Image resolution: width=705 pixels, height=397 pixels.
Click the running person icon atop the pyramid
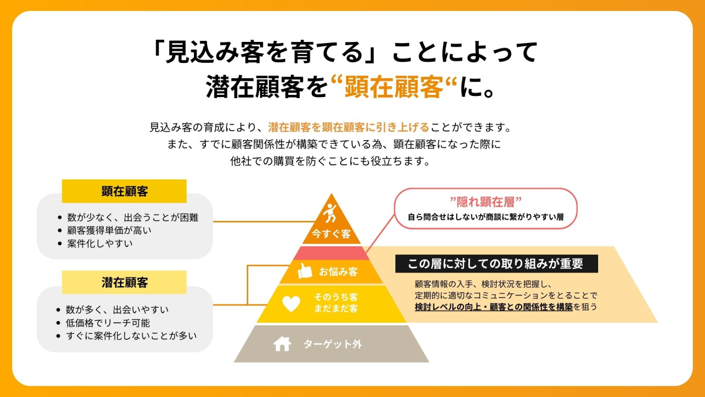(330, 213)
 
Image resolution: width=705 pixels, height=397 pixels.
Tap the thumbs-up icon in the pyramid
(305, 271)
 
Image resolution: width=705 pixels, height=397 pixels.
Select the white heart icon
(291, 304)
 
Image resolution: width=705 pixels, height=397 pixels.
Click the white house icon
(282, 344)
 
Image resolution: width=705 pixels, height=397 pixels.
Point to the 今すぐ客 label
(331, 234)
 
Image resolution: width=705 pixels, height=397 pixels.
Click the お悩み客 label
(338, 271)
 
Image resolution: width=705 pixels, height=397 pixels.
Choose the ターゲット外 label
(333, 344)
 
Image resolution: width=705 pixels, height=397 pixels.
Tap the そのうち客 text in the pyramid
(336, 297)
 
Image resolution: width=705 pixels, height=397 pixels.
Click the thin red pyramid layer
(331, 253)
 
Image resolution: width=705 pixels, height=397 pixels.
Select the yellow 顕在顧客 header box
(124, 191)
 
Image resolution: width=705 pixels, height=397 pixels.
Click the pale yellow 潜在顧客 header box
(124, 282)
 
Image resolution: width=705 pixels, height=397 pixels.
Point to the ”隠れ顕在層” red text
(486, 202)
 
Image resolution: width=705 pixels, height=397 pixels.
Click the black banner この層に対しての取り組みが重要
(496, 264)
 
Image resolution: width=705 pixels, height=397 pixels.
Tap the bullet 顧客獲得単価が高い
(109, 230)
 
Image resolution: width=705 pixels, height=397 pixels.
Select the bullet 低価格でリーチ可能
(107, 323)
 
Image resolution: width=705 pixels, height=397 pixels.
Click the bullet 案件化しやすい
(100, 243)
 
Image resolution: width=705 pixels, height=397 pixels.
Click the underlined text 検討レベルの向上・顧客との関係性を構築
(493, 307)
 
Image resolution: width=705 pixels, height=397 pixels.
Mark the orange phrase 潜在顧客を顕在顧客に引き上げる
(349, 127)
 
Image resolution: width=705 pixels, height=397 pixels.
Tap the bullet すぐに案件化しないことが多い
(131, 336)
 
